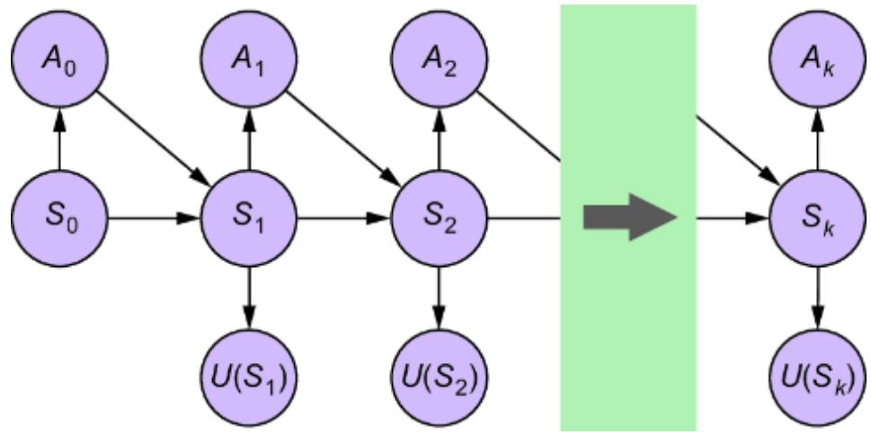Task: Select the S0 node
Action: point(59,217)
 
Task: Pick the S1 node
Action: point(249,217)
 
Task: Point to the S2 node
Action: point(439,217)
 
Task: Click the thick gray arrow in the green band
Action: point(629,217)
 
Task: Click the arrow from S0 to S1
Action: point(154,217)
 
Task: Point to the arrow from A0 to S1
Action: point(153,138)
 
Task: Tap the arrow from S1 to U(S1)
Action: point(249,296)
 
